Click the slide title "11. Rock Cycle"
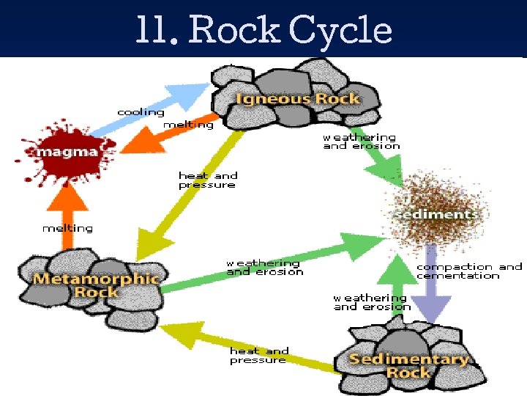263,30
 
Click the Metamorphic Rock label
95,285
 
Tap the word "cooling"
141,112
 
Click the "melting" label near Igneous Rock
188,125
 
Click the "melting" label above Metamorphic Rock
67,228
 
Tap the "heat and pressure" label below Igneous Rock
208,180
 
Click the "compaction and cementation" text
468,271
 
